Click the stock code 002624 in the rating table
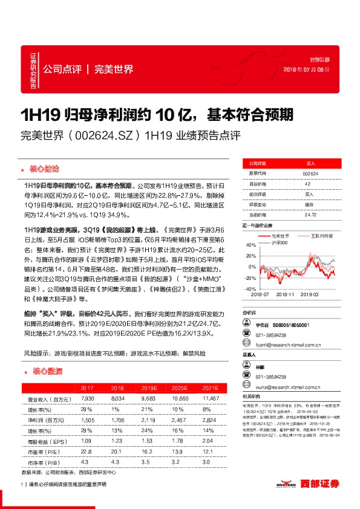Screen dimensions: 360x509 coord(310,173)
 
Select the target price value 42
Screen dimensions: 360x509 coord(307,184)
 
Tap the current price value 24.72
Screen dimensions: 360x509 coord(310,215)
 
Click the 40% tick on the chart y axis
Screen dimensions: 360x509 coord(249,244)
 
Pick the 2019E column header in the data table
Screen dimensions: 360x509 coord(151,388)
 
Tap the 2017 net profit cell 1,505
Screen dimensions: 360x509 coord(87,418)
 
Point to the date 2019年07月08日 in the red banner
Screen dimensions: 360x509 coord(307,70)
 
